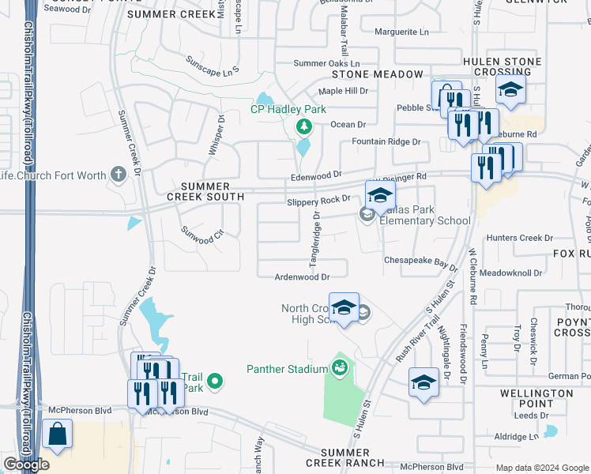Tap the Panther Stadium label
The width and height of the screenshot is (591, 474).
click(x=287, y=369)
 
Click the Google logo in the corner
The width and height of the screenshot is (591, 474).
click(x=26, y=465)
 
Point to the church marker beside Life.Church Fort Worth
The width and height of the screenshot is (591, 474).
click(x=119, y=175)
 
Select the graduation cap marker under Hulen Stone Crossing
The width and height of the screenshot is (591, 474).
click(x=510, y=89)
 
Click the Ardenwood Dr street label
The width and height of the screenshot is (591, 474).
click(x=301, y=277)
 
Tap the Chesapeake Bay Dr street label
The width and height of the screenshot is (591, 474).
click(x=421, y=260)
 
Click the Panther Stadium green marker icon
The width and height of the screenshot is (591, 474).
click(x=340, y=368)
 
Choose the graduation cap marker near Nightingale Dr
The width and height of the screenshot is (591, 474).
click(x=423, y=383)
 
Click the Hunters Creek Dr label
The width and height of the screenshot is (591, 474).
click(x=520, y=238)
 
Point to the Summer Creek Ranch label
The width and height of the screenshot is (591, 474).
click(x=345, y=457)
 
